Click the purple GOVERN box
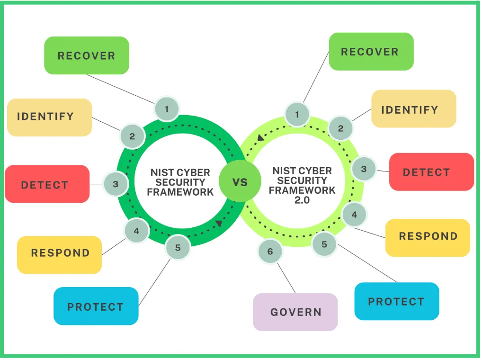pos(295,312)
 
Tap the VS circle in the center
pos(240,181)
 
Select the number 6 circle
pos(270,252)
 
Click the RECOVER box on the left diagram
pos(86,55)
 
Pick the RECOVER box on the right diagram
pos(371,52)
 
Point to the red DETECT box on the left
pos(47,184)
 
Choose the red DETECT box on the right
pos(431,172)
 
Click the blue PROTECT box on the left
pos(96,306)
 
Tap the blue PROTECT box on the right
pos(396,301)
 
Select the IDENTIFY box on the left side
pos(49,117)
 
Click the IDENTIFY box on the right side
pos(413,109)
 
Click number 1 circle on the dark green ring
pos(167,109)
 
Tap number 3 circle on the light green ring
pos(364,169)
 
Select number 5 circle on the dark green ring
pos(178,247)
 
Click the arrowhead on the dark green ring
pos(218,223)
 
